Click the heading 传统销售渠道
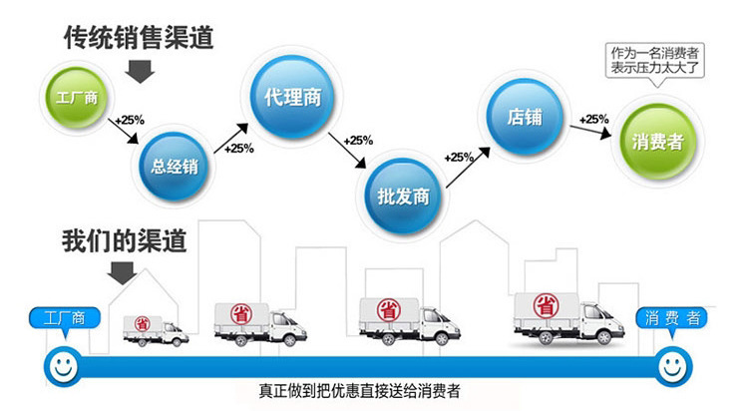tap(139, 38)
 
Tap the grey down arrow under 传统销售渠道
tap(139, 70)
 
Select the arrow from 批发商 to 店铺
tap(468, 168)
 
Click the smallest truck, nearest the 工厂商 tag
tap(155, 329)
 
